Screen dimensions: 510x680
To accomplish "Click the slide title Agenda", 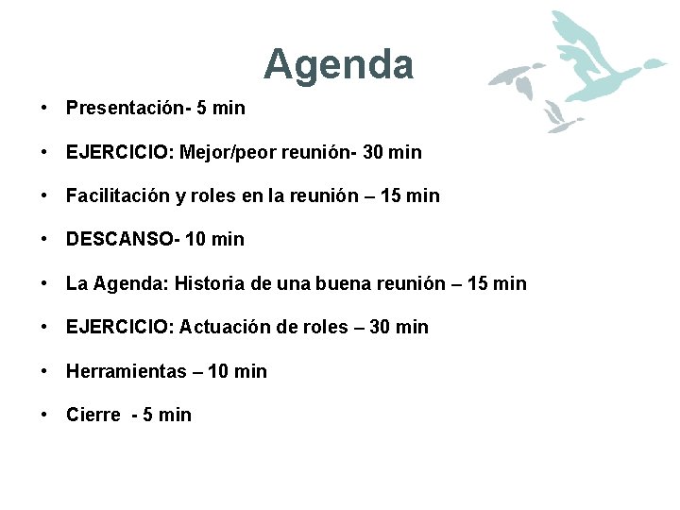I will [338, 64].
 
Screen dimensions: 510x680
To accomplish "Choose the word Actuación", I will [225, 327].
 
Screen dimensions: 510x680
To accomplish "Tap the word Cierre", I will [93, 415].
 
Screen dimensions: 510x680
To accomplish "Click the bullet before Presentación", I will [44, 108].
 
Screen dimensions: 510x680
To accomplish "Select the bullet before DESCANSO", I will [44, 240].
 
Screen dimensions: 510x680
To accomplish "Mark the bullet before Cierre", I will [44, 415].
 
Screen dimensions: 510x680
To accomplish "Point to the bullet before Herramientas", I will [44, 371].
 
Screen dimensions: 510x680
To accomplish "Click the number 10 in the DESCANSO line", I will [196, 240].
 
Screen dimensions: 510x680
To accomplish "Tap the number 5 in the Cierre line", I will [147, 415].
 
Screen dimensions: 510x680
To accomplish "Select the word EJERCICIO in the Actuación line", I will [118, 327].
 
